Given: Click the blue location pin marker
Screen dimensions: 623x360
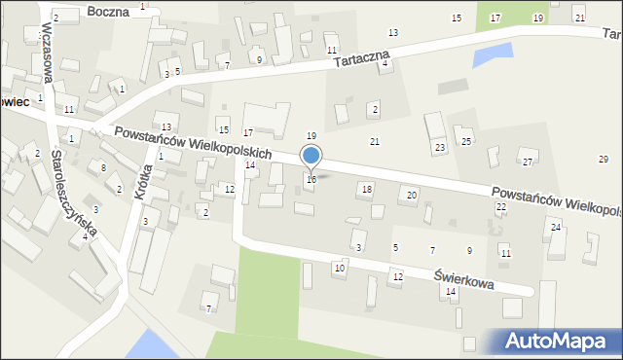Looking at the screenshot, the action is coord(311,157).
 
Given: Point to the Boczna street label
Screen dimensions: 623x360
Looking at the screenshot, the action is coord(107,12).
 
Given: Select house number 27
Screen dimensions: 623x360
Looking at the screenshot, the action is coord(528,162).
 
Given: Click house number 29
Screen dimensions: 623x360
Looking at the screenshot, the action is coord(603,159).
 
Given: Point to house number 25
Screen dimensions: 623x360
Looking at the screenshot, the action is coord(466,142).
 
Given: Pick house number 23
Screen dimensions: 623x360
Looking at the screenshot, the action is coord(440,147).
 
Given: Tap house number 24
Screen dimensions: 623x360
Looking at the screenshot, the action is coord(556,227).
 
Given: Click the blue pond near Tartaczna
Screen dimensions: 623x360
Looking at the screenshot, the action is coord(492,55).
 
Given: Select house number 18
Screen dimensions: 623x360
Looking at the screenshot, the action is coord(366,189).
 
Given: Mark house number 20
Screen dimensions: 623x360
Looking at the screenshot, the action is coord(412,196).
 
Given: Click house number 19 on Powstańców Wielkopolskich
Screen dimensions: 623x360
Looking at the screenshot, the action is coord(311,135).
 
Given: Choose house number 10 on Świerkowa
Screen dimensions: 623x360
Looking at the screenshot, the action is coord(340,268).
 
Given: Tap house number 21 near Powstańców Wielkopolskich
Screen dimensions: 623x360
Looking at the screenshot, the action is coord(375,142).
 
